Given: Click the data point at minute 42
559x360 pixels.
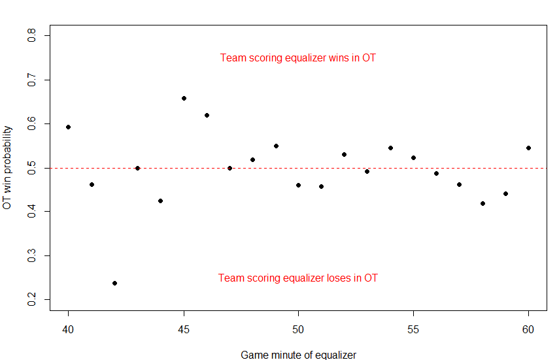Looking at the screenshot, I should [x=114, y=283].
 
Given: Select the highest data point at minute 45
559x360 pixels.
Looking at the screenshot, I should [x=184, y=98].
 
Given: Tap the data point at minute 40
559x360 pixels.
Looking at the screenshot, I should [x=68, y=127].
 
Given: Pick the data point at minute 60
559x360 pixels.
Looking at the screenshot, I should [x=528, y=148].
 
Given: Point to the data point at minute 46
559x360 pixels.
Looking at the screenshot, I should [x=207, y=115].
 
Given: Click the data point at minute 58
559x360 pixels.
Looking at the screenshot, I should [x=483, y=203].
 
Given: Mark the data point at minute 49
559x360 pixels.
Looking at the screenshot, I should [x=276, y=146].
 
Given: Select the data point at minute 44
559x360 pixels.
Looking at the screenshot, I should [x=160, y=201].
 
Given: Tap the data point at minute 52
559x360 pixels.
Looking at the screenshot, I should [x=344, y=154].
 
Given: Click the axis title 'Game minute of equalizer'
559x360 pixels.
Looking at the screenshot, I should [x=298, y=355].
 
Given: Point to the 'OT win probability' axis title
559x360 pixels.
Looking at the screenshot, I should [x=7, y=167].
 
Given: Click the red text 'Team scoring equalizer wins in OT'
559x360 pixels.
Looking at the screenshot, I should [x=298, y=58].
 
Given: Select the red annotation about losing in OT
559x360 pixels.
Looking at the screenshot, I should [x=298, y=278].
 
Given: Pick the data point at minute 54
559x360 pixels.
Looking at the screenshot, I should [x=390, y=148].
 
